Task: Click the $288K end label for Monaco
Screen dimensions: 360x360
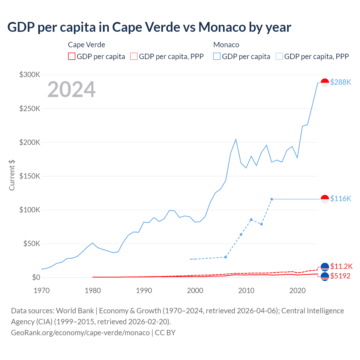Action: (x=341, y=82)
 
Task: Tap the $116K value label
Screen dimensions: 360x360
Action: (x=341, y=199)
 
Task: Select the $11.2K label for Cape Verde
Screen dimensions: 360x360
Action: (x=341, y=266)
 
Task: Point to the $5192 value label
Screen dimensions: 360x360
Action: (x=340, y=276)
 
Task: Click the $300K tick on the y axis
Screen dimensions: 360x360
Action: (x=30, y=75)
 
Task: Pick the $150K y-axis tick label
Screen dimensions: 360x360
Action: (x=30, y=176)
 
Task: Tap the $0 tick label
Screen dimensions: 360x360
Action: (x=36, y=277)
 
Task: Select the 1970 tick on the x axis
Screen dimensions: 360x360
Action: (x=42, y=291)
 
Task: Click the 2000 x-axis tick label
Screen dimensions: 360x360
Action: (x=195, y=291)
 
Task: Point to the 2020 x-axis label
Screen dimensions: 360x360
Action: (x=298, y=291)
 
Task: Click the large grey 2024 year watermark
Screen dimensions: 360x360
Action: (x=71, y=90)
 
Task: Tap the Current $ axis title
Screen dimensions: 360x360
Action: (x=12, y=175)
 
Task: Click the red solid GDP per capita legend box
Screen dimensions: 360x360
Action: (x=72, y=57)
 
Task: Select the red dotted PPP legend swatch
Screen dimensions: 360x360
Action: (x=134, y=57)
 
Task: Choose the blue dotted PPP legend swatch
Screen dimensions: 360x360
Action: (x=279, y=57)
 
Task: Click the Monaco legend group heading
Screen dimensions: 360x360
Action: (x=226, y=45)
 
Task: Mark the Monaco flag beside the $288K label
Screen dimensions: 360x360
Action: (x=325, y=83)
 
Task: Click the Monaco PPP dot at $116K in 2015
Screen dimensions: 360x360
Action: (x=272, y=199)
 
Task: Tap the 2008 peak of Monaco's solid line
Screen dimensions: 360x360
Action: (x=236, y=139)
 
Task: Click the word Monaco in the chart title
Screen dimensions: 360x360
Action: (x=222, y=27)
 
